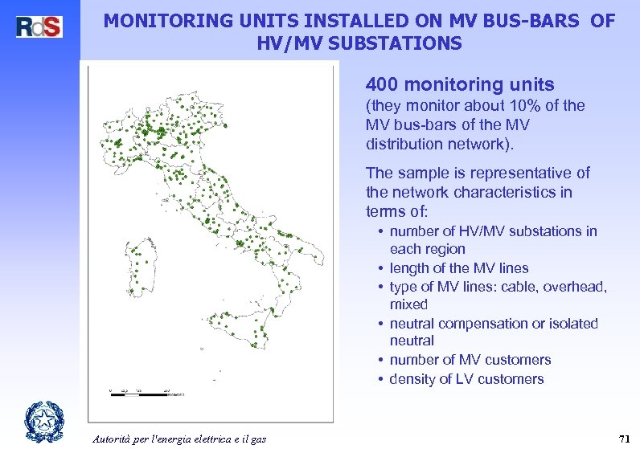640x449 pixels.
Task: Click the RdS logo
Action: (x=39, y=26)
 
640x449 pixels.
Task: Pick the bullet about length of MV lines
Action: (x=458, y=268)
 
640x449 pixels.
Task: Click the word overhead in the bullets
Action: (x=576, y=287)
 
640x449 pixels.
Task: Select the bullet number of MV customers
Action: (x=470, y=360)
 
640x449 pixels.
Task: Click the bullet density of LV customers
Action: (x=466, y=379)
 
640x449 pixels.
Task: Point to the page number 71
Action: (x=622, y=438)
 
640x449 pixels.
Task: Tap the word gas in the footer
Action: (x=258, y=438)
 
